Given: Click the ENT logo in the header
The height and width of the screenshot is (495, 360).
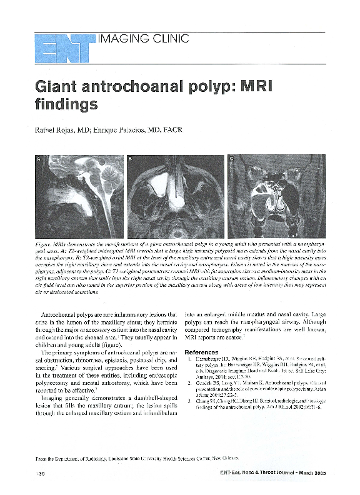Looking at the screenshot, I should tap(62, 46).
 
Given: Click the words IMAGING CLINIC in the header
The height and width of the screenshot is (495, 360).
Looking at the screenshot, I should tap(143, 39).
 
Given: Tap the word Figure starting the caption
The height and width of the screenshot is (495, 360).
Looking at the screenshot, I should tap(48, 241).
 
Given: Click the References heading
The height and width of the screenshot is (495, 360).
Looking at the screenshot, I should tap(205, 352).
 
